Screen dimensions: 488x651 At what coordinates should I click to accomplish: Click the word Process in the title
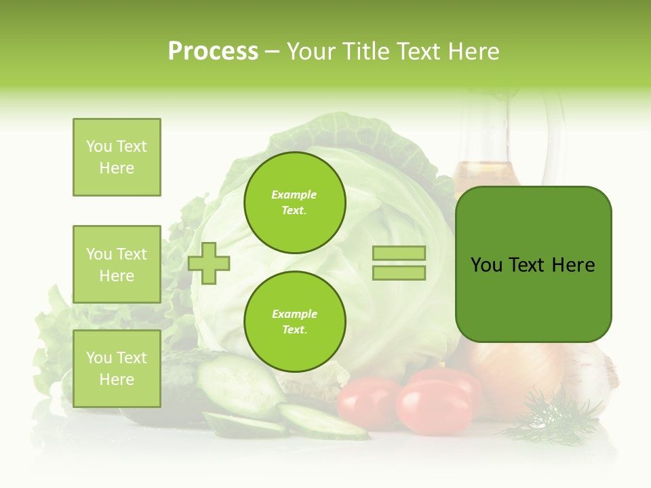(x=213, y=52)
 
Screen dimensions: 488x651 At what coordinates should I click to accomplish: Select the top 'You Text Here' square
(x=117, y=157)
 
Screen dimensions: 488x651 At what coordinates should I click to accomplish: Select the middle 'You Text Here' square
(x=117, y=264)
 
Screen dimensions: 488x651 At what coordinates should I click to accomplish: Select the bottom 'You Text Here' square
(x=117, y=369)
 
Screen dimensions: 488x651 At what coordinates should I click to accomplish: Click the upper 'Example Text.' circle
(x=295, y=203)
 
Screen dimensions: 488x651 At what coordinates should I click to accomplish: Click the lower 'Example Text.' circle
(x=295, y=322)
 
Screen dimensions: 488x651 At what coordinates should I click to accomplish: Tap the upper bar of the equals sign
(x=399, y=253)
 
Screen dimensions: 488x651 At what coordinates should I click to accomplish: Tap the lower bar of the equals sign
(x=399, y=273)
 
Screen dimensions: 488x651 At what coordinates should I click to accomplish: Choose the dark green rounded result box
(x=534, y=264)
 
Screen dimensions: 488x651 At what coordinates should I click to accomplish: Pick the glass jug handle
(x=556, y=136)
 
